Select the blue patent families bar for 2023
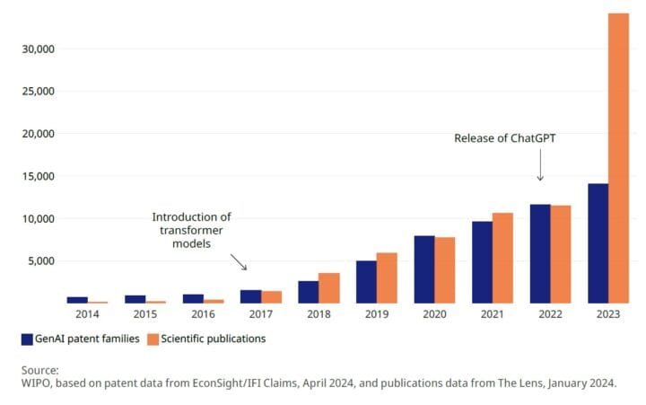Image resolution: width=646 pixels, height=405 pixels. (x=598, y=243)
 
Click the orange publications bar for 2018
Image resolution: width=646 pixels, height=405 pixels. (x=329, y=288)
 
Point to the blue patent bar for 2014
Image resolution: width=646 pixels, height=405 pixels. (x=77, y=300)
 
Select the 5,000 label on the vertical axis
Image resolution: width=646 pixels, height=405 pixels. (x=40, y=261)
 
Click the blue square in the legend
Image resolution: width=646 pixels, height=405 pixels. (x=28, y=339)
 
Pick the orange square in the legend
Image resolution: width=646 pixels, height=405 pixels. (x=153, y=339)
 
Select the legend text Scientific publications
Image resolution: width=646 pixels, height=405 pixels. (x=214, y=339)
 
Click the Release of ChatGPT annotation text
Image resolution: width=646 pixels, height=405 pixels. (x=507, y=138)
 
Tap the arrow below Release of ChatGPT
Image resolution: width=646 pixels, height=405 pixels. (x=541, y=168)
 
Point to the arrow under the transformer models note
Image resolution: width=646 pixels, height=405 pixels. (x=239, y=261)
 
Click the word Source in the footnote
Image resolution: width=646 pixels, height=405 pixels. (x=39, y=370)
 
